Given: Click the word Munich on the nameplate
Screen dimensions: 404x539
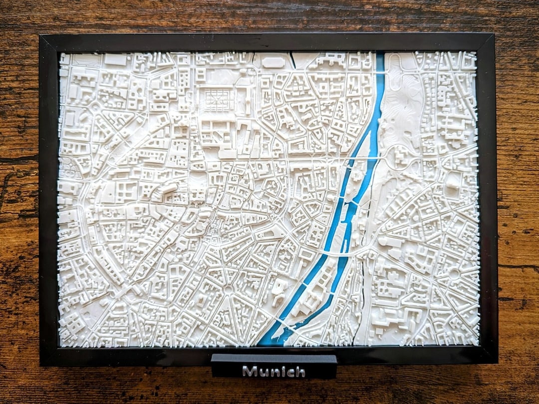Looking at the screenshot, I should click(x=273, y=372).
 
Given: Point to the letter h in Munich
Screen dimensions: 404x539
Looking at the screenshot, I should click(x=299, y=372).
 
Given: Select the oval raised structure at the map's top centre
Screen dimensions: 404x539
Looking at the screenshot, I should click(x=272, y=62).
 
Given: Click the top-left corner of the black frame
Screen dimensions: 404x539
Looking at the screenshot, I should click(x=41, y=36).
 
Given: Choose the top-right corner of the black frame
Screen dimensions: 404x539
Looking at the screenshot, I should click(x=494, y=35).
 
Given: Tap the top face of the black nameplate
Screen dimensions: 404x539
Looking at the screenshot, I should click(x=273, y=358).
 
